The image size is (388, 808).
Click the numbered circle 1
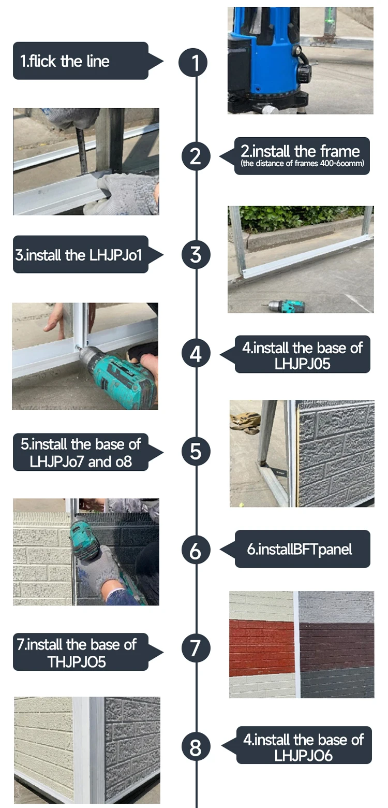(x=193, y=62)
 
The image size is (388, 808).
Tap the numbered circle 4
(x=196, y=353)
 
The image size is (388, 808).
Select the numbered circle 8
(x=196, y=747)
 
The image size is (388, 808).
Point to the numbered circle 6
(x=196, y=550)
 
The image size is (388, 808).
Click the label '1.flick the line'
(x=65, y=61)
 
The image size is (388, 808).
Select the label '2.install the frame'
(x=300, y=151)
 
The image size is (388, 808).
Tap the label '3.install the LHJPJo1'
(x=79, y=255)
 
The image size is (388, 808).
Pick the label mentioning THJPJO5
(x=77, y=653)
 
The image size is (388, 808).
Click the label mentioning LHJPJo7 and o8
(x=81, y=453)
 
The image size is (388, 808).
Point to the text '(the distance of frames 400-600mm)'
(x=303, y=163)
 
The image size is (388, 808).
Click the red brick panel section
(x=262, y=648)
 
